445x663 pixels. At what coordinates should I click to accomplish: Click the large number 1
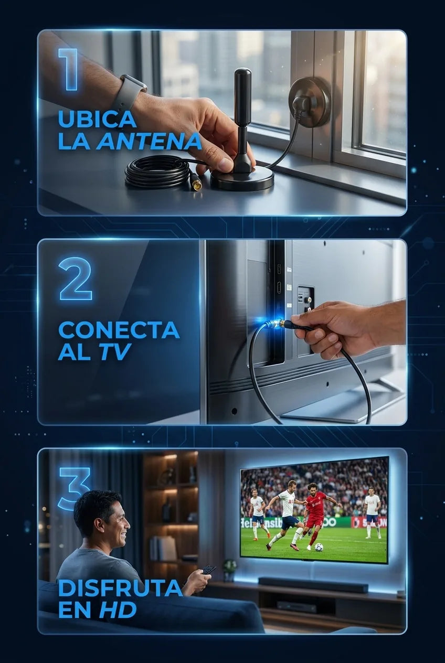(x=68, y=69)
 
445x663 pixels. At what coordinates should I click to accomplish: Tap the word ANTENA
(x=150, y=141)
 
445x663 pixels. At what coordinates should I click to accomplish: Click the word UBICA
(x=97, y=119)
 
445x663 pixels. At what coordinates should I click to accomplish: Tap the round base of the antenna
(x=242, y=179)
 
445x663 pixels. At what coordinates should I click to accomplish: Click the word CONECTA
(x=119, y=330)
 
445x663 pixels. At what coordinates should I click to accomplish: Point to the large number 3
(x=75, y=489)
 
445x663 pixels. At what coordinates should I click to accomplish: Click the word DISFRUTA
(x=120, y=588)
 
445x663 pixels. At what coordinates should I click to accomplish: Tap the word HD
(x=118, y=610)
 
